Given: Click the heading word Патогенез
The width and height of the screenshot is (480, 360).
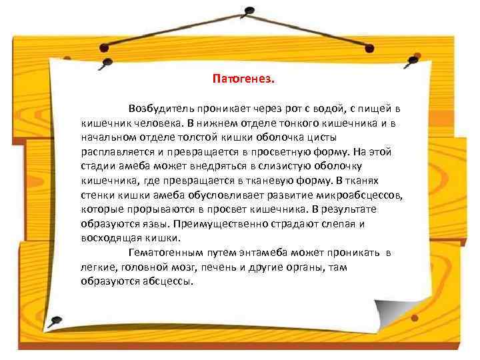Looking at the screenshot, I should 243,79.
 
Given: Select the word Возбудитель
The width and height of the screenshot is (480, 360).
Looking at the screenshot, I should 159,108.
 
